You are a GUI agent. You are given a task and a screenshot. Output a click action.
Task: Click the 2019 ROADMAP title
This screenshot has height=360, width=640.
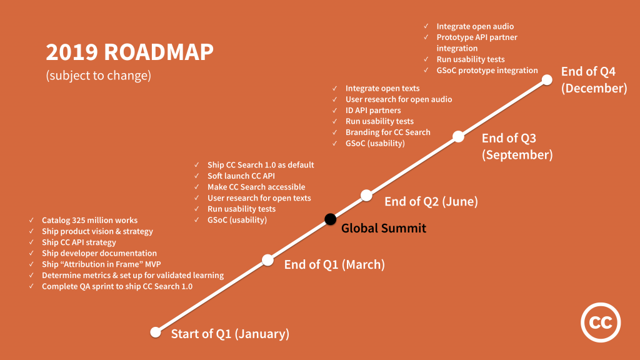(129, 52)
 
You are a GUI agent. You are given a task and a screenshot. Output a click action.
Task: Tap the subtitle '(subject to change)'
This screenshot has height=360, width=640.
(98, 76)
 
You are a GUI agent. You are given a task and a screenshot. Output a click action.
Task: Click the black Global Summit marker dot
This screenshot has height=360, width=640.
(330, 219)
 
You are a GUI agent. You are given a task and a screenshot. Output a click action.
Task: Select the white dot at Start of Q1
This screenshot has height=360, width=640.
(156, 332)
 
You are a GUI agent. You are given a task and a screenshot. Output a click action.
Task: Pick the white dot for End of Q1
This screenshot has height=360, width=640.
(267, 259)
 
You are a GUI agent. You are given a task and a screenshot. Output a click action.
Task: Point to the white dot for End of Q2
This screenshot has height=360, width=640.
(367, 195)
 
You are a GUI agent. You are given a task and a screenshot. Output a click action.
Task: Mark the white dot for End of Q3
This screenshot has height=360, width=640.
(458, 136)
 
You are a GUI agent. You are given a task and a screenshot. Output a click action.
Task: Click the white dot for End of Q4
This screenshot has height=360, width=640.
(547, 79)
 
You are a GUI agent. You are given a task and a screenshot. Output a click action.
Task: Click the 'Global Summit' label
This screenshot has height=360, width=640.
(384, 228)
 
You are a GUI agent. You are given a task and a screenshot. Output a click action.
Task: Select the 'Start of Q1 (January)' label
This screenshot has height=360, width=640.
(230, 334)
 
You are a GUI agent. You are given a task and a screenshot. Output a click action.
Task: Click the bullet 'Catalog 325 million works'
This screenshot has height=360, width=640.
(89, 220)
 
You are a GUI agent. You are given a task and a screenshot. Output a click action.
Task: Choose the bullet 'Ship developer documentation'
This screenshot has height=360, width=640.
(99, 253)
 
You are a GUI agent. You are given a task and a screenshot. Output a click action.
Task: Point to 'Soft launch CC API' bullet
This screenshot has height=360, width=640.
(241, 176)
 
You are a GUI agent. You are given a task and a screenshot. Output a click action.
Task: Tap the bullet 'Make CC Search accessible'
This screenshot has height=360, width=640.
(256, 187)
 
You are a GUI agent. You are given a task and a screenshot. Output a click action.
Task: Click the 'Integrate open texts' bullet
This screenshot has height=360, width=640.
(382, 88)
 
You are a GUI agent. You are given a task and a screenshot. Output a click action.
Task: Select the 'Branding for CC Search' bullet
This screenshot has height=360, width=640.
(387, 132)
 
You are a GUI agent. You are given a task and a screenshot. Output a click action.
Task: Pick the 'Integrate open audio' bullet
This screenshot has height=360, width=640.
(475, 26)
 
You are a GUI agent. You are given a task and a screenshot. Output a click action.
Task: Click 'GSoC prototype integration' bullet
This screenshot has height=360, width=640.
(487, 70)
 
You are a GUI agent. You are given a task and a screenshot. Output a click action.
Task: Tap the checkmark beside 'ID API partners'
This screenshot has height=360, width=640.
(335, 110)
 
